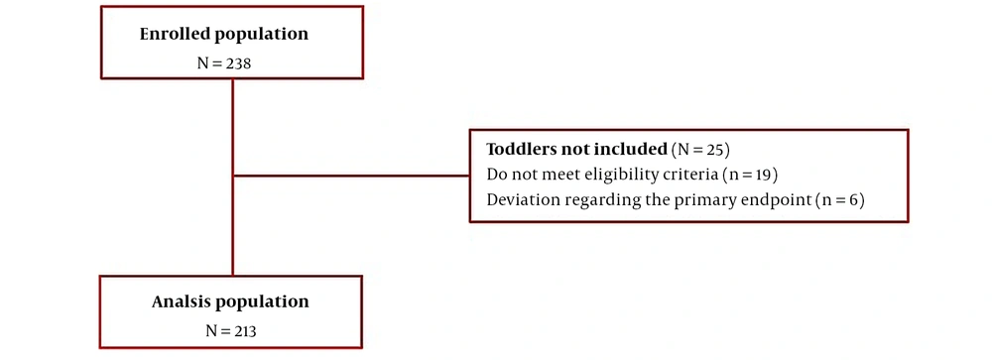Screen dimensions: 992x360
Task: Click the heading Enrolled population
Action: [x=224, y=34]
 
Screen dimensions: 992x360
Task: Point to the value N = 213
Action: [x=231, y=330]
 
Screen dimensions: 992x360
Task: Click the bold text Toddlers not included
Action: [x=577, y=150]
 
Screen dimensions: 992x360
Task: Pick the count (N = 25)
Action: [x=701, y=150]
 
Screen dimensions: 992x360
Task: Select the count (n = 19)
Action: [x=750, y=174]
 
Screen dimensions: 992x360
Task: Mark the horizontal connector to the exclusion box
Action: [x=351, y=176]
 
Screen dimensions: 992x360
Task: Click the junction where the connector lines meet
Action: [x=233, y=176]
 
